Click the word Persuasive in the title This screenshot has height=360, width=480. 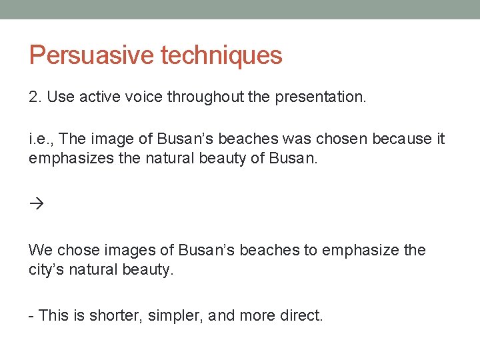(x=91, y=55)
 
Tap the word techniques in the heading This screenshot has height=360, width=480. (x=221, y=55)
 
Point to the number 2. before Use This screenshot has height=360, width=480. (x=35, y=97)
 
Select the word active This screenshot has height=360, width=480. (x=99, y=97)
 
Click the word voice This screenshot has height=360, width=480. (x=142, y=97)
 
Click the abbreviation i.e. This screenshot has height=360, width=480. (x=41, y=139)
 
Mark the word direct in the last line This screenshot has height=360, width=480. (x=298, y=315)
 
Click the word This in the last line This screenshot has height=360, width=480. (x=53, y=315)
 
